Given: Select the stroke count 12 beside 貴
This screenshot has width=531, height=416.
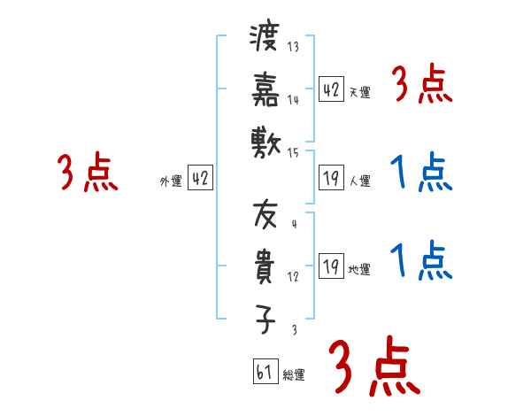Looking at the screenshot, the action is pyautogui.click(x=293, y=277).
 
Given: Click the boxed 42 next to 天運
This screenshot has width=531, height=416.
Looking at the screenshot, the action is pyautogui.click(x=332, y=89).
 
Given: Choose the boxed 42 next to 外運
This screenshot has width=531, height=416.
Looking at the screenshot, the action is pyautogui.click(x=200, y=179).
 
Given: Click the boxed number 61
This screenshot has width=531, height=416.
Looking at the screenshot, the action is pyautogui.click(x=265, y=373).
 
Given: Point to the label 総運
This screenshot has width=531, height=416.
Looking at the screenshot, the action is pyautogui.click(x=294, y=375).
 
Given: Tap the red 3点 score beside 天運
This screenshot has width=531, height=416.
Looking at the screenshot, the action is pyautogui.click(x=421, y=87).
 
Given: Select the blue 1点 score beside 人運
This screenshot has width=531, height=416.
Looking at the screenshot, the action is pyautogui.click(x=421, y=173).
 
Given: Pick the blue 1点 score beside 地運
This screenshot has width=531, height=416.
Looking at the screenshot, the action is pyautogui.click(x=421, y=260).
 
